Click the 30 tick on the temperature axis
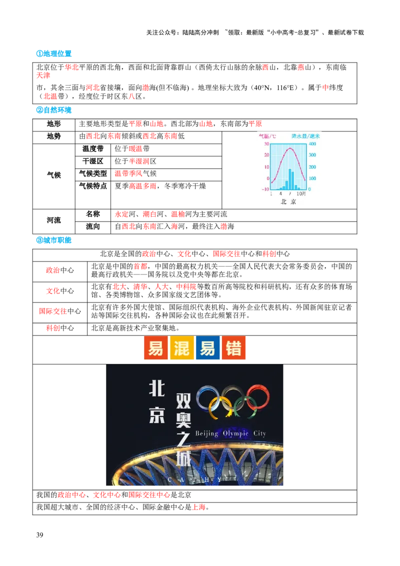(267, 144)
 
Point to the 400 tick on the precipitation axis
(312, 144)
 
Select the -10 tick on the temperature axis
(266, 189)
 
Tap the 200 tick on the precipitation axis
(312, 167)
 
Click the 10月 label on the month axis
(301, 193)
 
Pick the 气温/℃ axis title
(266, 136)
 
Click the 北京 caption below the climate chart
(288, 201)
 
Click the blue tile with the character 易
(207, 347)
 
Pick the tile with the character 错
(233, 347)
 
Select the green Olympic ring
(245, 406)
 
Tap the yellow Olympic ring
(220, 407)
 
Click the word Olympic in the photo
(235, 433)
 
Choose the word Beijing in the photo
(206, 433)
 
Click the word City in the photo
(259, 433)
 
